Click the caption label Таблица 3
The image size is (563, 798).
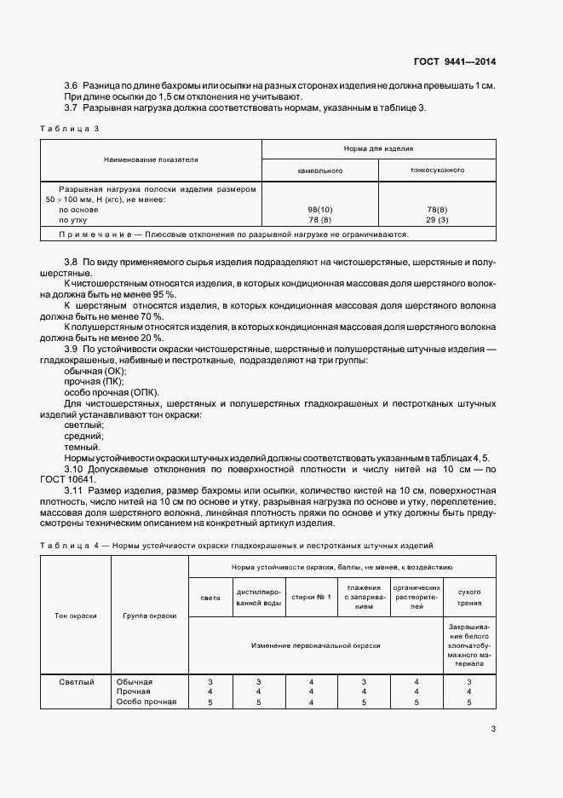(70, 128)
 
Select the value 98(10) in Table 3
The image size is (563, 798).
(319, 208)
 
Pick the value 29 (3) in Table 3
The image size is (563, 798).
(437, 219)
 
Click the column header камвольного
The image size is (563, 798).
(319, 171)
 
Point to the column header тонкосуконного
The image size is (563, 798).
(437, 171)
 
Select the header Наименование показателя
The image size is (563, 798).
(151, 159)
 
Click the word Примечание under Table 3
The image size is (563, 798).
(88, 234)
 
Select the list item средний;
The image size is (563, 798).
(83, 436)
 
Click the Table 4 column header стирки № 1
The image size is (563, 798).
(310, 597)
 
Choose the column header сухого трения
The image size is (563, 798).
(469, 597)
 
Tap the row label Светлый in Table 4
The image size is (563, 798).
(77, 681)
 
